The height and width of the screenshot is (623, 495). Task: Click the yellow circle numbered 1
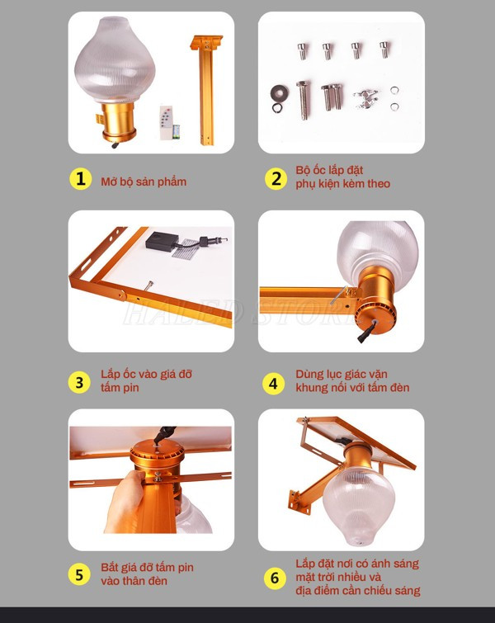(x=80, y=180)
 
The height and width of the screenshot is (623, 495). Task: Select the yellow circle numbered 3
(x=80, y=381)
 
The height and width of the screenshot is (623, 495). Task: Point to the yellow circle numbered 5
(x=80, y=574)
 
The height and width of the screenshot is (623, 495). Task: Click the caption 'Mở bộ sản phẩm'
(x=144, y=181)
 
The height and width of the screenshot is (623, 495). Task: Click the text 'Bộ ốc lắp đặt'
(x=329, y=170)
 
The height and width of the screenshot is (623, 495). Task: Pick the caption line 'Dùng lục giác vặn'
(x=342, y=374)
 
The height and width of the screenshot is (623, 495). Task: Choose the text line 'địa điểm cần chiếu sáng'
(x=357, y=591)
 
